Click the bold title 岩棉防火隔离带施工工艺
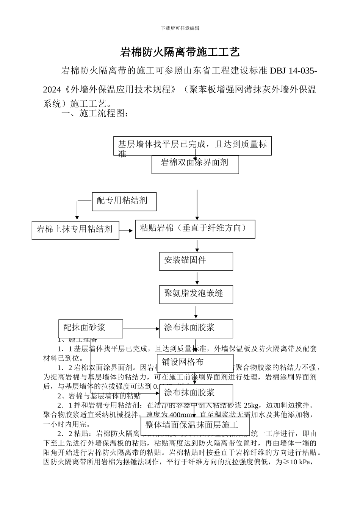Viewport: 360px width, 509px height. coord(180,52)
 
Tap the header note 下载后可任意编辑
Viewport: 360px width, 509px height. coord(180,28)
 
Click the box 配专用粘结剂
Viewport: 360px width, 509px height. coord(124,201)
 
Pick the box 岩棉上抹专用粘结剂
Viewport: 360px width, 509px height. coord(75,230)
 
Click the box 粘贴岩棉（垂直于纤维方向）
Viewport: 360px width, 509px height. coord(195,229)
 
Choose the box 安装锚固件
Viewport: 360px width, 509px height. coord(196,261)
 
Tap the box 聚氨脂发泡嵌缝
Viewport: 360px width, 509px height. coord(196,294)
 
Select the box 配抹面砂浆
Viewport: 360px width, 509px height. coord(91,328)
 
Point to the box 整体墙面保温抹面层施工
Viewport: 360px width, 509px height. coord(195,425)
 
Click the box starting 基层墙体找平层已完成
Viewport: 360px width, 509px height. coord(192,145)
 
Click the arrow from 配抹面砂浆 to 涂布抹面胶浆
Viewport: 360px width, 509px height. coord(141,328)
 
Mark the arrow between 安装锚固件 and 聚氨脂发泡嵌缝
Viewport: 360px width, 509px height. coord(197,278)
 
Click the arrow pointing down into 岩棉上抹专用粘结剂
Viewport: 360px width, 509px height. coord(77,211)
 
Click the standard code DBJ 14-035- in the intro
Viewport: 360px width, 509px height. coord(293,71)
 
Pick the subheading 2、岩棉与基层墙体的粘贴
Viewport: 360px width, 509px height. coord(99,396)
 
